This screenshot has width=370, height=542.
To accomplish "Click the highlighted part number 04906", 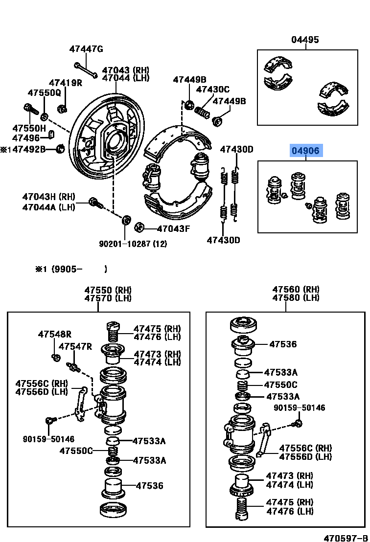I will pos(305,151).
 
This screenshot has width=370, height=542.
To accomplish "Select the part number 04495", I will pos(305,40).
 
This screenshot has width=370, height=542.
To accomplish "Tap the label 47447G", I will pos(86,49).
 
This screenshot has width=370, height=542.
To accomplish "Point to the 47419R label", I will pos(65,83).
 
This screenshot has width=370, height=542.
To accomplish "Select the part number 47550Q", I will pos(44,92).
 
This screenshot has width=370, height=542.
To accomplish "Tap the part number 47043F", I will pos(173,228).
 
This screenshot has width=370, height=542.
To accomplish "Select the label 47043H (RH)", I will pos(48,197).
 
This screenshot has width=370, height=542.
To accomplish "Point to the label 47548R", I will pos(54,335).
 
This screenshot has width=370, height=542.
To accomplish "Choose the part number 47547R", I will pos(75,346).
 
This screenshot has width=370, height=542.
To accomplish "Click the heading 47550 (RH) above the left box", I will pos(108,290).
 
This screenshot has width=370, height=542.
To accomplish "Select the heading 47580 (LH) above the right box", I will pos(296,297).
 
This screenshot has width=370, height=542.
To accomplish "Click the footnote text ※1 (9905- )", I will pos(71,269).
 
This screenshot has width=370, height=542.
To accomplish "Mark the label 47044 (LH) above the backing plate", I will pos(126,78).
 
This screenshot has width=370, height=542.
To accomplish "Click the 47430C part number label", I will pos(212,89).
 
